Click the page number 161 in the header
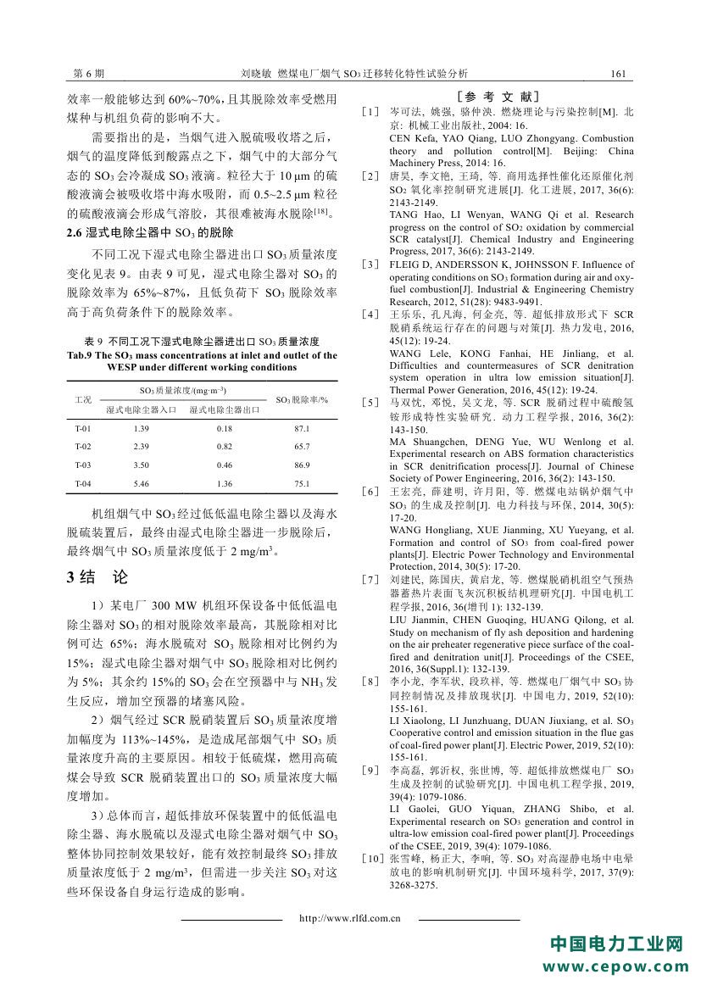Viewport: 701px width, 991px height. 619,75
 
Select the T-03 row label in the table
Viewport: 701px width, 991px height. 83,465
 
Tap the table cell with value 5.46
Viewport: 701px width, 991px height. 142,483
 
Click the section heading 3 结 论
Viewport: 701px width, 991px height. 97,577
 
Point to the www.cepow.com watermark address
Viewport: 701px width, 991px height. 616,967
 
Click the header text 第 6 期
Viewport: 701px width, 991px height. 89,75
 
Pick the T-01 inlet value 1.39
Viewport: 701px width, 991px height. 142,429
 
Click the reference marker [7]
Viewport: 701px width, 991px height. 370,579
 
